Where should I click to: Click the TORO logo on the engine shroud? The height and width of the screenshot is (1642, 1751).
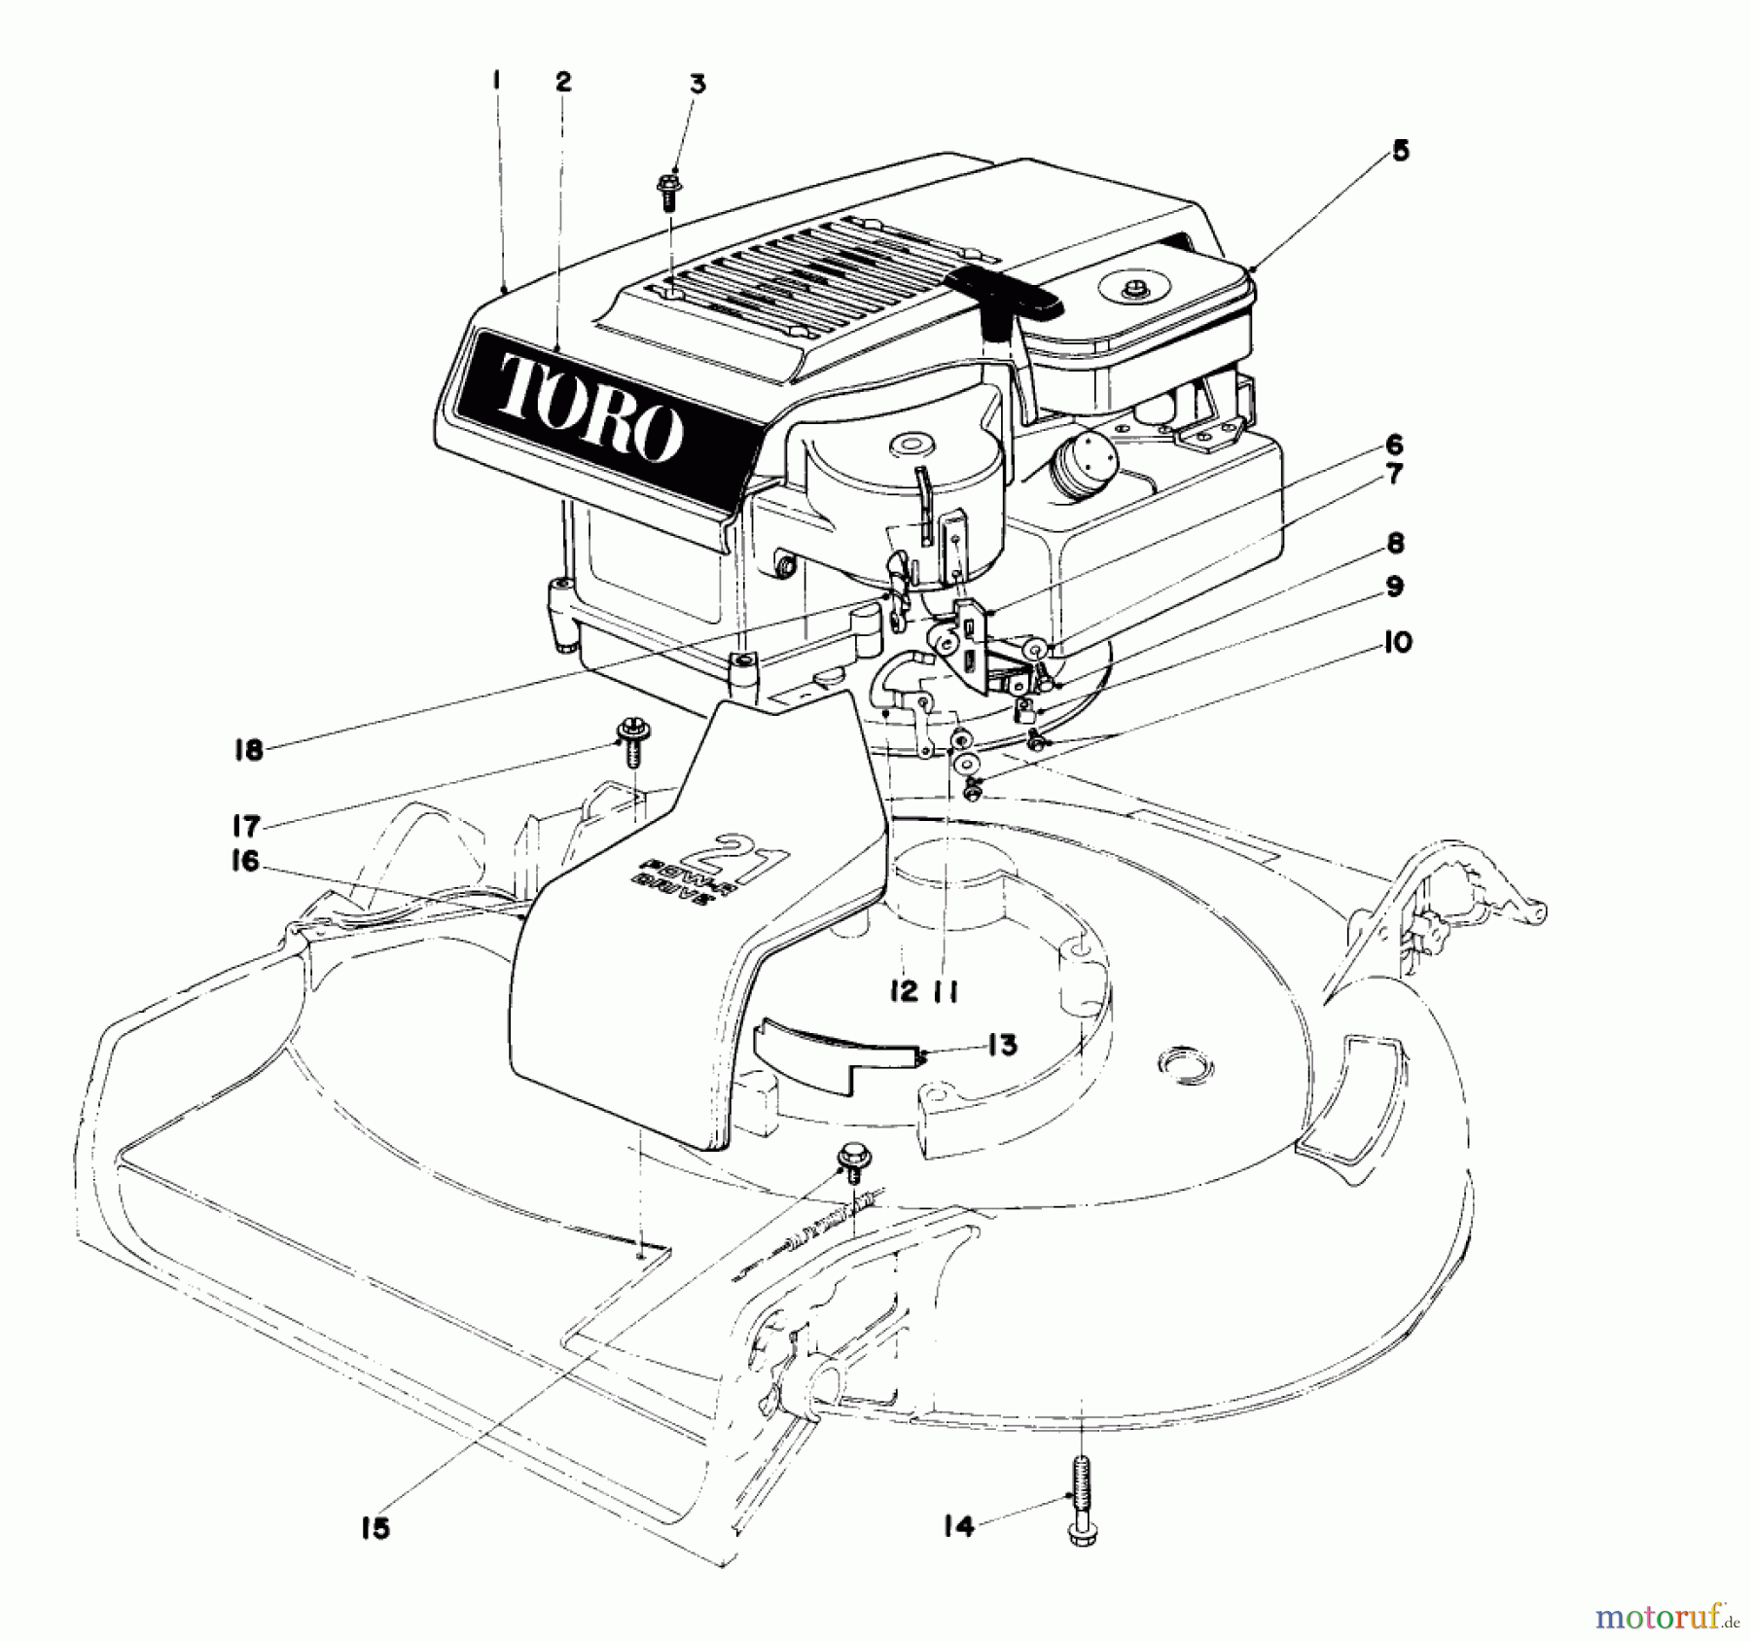(x=590, y=413)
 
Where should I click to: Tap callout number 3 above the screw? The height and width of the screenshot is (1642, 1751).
(x=697, y=85)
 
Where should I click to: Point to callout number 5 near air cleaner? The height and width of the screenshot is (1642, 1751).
(x=1399, y=151)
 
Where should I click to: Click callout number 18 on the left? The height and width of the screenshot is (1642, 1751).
(x=249, y=750)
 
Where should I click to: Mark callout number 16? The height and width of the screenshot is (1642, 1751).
(x=245, y=862)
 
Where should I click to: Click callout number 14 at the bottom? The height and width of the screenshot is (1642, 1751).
(x=958, y=1527)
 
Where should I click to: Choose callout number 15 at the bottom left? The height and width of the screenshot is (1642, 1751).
(x=375, y=1527)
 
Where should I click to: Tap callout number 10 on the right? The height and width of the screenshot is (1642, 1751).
(x=1398, y=643)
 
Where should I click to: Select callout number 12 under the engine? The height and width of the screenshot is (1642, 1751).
(x=903, y=991)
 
